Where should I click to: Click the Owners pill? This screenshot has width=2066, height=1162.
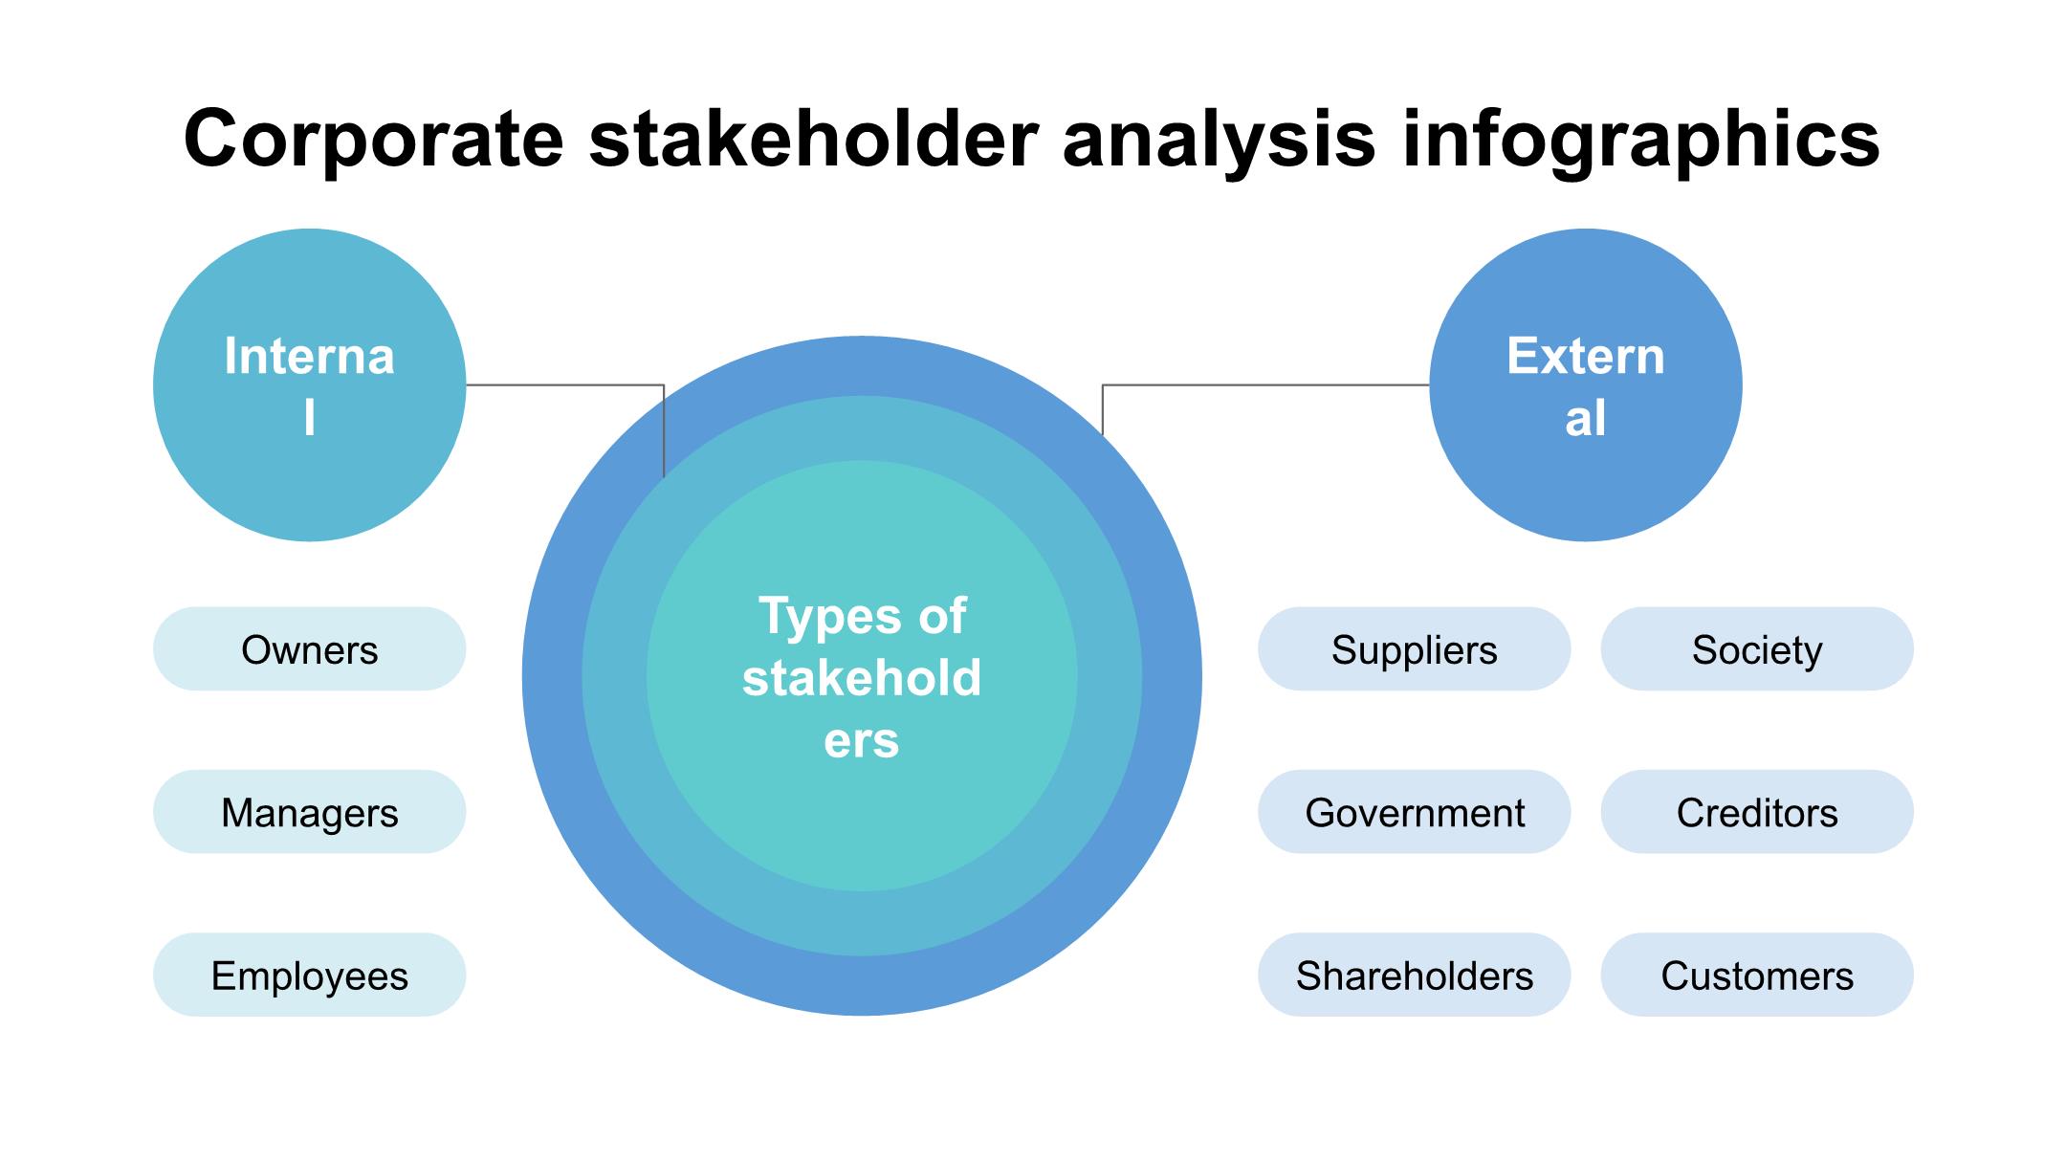pos(309,648)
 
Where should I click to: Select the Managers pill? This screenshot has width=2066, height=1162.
pos(309,812)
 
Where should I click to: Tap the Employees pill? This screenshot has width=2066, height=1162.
pos(309,975)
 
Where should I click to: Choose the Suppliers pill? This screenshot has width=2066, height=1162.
pos(1414,648)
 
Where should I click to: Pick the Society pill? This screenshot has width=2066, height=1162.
pos(1757,648)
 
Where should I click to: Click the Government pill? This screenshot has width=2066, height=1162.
pos(1414,812)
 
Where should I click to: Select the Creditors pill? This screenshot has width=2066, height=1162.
pos(1757,812)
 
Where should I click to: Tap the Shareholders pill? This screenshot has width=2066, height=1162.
pos(1414,975)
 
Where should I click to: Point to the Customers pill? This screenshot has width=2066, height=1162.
pos(1757,975)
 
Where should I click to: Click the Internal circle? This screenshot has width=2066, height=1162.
pos(309,384)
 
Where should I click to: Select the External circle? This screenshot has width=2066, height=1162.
pos(1585,384)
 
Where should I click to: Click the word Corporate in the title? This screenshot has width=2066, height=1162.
pos(374,140)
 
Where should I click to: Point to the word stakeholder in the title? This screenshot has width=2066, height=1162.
pos(814,138)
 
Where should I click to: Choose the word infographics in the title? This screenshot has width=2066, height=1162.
pos(1640,140)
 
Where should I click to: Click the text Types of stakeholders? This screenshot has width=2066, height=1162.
pos(861,677)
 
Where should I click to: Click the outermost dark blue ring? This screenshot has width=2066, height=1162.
pos(552,676)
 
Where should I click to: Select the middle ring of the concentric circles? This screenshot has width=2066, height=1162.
pos(614,676)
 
